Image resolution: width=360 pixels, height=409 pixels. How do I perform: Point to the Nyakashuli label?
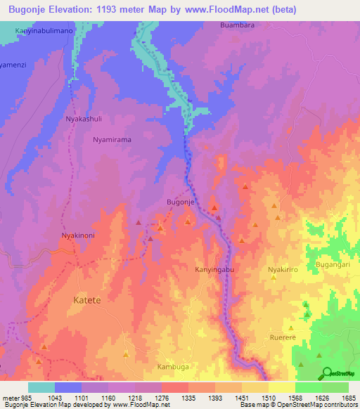84,119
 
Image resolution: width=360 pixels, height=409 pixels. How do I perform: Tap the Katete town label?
87,300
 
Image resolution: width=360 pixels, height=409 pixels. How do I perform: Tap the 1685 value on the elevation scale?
348,398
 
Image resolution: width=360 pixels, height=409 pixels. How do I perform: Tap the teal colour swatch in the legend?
41,387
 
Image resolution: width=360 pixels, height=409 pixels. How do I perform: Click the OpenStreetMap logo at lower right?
337,373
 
